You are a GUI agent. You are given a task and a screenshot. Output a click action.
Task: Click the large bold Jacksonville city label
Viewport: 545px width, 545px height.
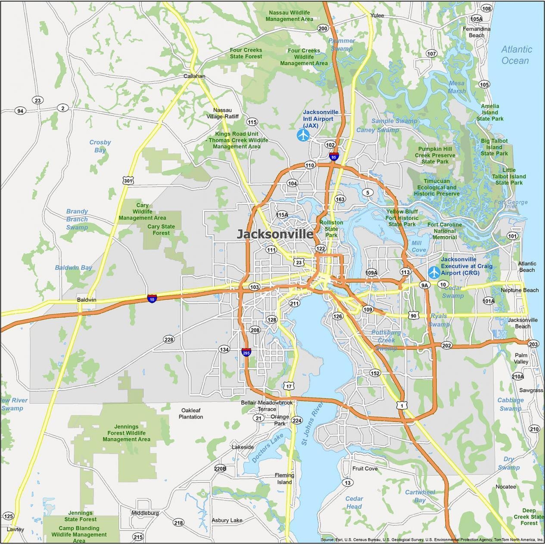click(x=275, y=234)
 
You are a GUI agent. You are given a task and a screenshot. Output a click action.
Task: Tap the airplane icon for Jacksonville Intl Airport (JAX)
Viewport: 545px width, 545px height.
click(x=303, y=135)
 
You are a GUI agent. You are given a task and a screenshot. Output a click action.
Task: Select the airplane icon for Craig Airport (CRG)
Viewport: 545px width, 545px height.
click(x=434, y=272)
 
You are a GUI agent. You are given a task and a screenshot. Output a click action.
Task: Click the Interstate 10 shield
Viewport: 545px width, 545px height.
click(x=152, y=298)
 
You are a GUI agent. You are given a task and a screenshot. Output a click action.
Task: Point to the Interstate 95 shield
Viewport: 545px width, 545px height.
click(x=333, y=157)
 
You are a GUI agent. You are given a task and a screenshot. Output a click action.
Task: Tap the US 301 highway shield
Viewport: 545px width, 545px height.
click(x=128, y=180)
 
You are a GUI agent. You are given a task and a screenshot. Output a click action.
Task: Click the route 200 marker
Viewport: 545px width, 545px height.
click(x=323, y=28)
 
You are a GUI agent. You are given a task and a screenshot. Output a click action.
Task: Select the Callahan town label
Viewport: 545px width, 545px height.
click(x=194, y=76)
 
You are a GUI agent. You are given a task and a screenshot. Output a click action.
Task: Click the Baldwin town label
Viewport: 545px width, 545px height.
click(x=87, y=300)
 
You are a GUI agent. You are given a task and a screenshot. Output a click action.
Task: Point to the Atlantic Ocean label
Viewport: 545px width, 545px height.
click(x=516, y=55)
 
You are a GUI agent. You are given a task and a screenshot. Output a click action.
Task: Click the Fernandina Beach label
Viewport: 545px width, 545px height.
click(x=476, y=32)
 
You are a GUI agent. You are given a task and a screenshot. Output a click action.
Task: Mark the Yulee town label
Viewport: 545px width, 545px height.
click(x=377, y=15)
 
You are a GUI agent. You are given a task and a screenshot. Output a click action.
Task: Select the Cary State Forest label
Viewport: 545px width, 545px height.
click(x=161, y=229)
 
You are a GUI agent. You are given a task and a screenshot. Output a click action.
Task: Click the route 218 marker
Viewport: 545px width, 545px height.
click(x=178, y=523)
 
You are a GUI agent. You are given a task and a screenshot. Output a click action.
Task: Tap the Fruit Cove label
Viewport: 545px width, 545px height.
click(x=365, y=468)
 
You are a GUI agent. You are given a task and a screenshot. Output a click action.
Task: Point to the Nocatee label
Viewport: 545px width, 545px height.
click(x=505, y=486)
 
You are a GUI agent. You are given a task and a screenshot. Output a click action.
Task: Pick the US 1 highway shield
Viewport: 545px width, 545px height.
click(x=402, y=406)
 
